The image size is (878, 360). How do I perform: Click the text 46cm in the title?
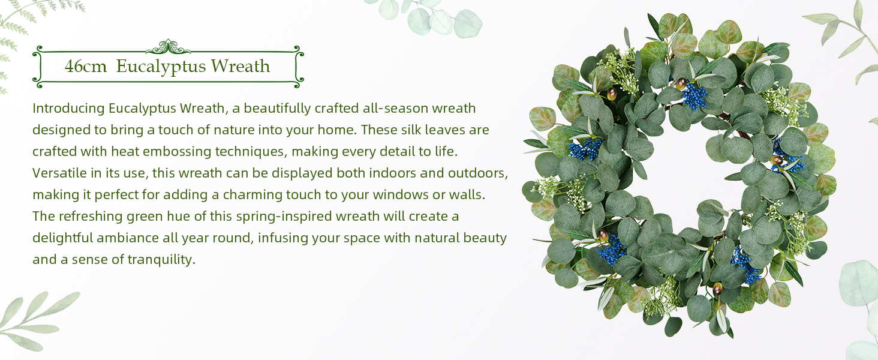coord(86,66)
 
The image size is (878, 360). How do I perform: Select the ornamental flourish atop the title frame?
coord(168,47)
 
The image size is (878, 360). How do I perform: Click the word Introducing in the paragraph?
coord(68,108)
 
